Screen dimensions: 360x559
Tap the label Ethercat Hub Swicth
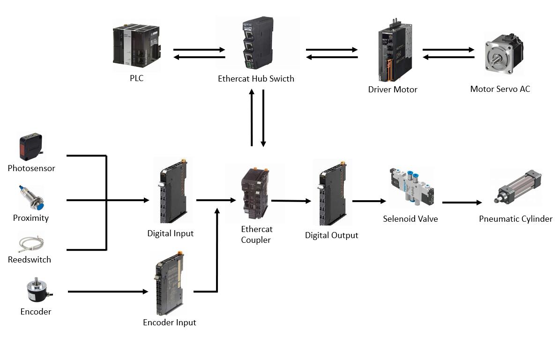(x=256, y=79)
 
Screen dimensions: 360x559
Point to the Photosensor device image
(x=31, y=147)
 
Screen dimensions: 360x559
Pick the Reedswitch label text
(x=30, y=259)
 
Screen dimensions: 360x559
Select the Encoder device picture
(x=37, y=290)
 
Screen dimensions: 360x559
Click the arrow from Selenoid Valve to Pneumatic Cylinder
(x=462, y=202)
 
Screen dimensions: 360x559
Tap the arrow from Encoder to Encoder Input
(x=108, y=292)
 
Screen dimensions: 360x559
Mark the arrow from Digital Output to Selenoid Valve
(x=369, y=201)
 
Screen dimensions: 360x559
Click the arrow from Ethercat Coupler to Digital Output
(x=291, y=201)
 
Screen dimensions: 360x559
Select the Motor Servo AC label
(x=500, y=89)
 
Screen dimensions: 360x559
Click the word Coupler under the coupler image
(x=256, y=240)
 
